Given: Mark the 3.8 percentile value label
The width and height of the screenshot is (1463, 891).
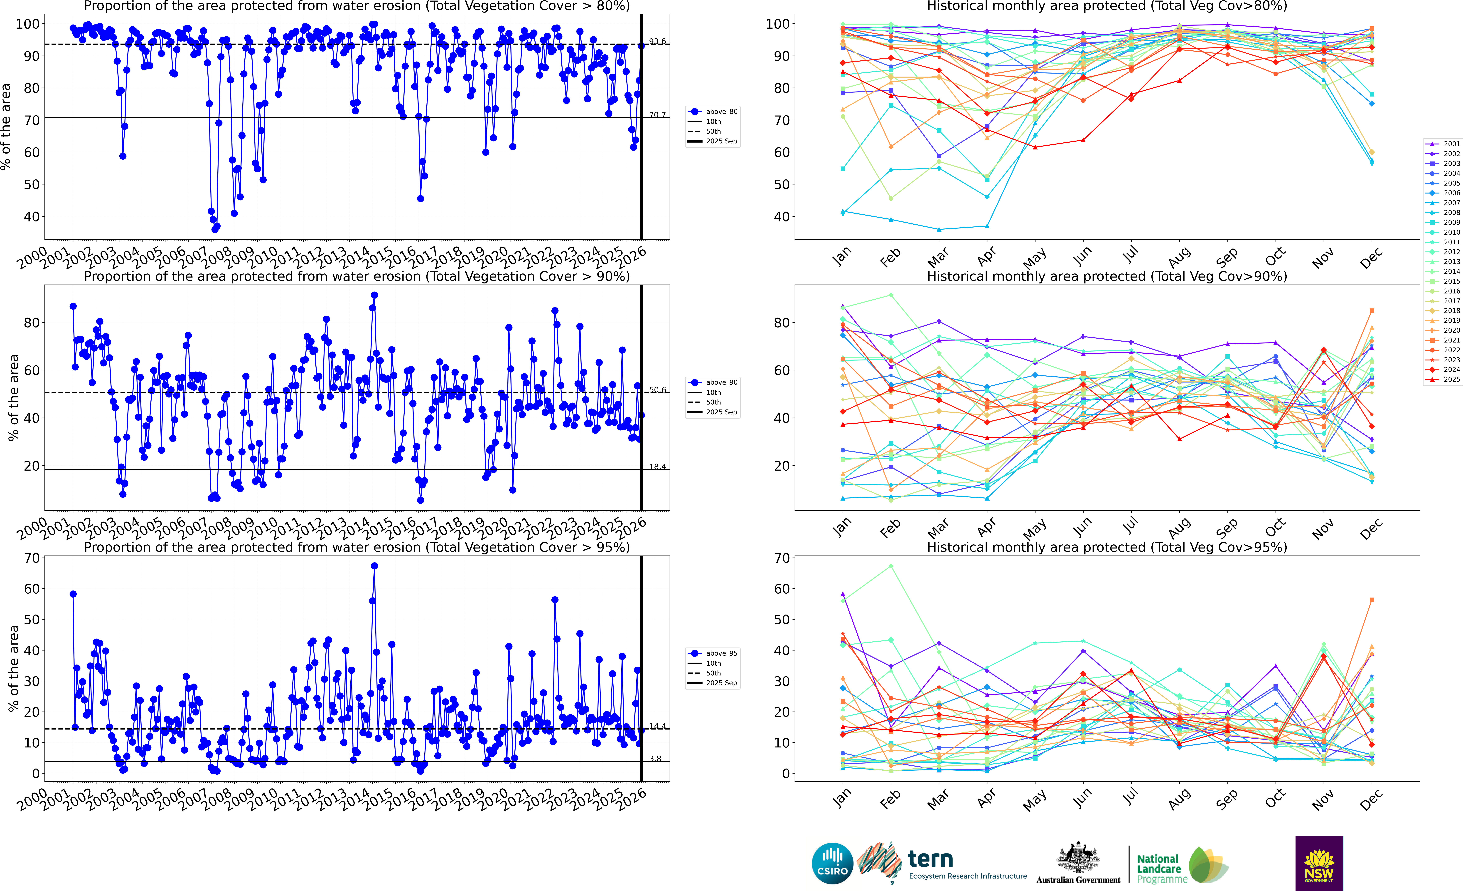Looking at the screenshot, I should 655,759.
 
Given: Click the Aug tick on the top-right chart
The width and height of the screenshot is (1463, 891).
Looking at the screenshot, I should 1179,257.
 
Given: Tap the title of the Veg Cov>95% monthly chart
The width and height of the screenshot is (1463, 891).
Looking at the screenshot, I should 1107,547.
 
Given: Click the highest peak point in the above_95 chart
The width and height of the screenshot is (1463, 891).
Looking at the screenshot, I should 374,566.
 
